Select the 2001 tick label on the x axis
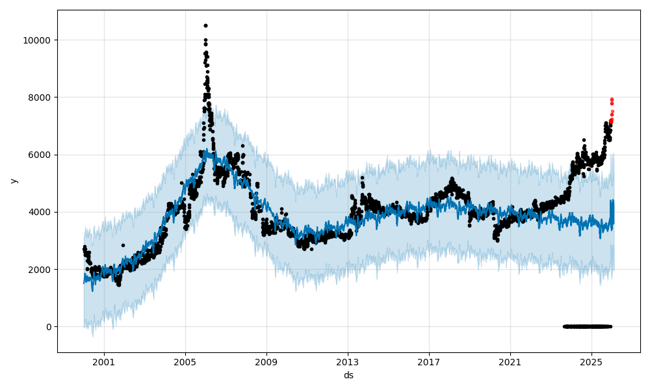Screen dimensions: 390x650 (104, 361)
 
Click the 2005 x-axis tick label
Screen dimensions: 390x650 (185, 361)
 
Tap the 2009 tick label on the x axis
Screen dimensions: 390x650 (266, 361)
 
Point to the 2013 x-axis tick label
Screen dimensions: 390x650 (348, 361)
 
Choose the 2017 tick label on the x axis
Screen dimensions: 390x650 (429, 361)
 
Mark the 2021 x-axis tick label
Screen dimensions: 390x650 (510, 361)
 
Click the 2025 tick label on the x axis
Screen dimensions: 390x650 (591, 361)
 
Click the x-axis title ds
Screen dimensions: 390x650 (348, 375)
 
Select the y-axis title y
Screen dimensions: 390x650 (13, 181)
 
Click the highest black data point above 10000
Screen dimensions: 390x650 (205, 25)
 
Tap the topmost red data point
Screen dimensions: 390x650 (612, 99)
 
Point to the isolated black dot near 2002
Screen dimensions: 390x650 (123, 245)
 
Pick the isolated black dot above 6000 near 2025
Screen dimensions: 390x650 (584, 140)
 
